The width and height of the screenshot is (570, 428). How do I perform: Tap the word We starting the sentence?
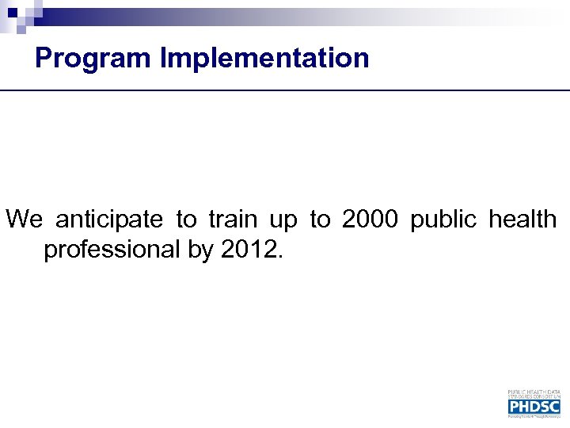coord(25,219)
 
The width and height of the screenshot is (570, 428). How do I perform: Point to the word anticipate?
coord(109,219)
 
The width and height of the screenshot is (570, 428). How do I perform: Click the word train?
coord(234,219)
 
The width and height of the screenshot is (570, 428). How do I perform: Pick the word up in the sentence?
coord(283,220)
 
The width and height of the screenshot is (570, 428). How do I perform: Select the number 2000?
coord(370,219)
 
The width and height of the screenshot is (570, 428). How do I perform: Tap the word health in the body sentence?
coord(522,219)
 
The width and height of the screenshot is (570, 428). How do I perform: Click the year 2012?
coord(250,250)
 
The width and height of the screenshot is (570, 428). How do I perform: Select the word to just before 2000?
coord(320,219)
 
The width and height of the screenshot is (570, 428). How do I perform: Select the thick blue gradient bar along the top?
coord(317,14)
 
